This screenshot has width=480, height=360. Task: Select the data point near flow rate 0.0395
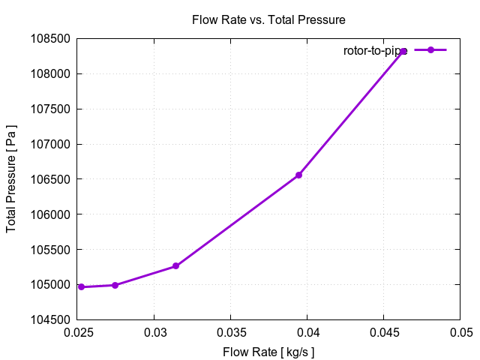(x=298, y=175)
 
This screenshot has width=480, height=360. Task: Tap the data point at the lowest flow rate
(x=81, y=287)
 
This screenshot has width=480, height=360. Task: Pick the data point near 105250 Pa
(x=175, y=266)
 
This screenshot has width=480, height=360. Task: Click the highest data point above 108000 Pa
(x=403, y=51)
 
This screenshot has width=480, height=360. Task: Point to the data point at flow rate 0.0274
(x=115, y=285)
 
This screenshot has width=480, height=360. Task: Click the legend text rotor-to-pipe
(x=375, y=50)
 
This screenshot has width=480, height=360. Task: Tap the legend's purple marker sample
(x=431, y=49)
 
